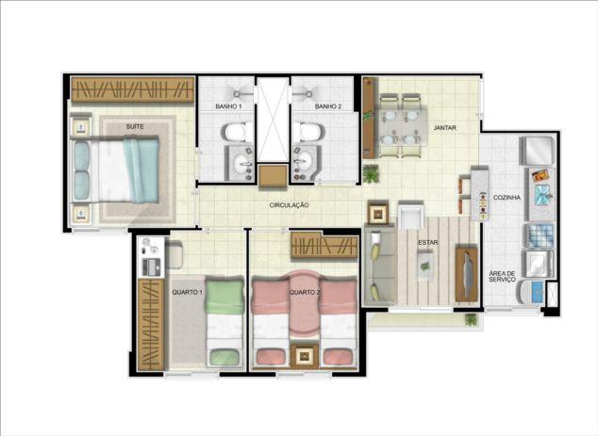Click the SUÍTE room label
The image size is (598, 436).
point(135,126)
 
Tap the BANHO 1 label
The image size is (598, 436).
point(228,106)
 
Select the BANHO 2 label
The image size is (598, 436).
point(328,106)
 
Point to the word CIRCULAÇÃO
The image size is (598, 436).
point(289,205)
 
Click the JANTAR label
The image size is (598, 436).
point(444,128)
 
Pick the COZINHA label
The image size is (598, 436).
point(507,198)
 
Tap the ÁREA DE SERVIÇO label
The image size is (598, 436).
point(503,277)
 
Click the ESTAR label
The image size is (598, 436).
point(428,243)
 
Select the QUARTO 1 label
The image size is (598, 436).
point(188,293)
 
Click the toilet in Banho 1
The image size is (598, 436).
point(237,132)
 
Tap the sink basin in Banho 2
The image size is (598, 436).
point(304,161)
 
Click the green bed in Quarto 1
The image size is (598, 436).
point(224,322)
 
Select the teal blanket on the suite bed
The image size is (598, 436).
point(141,170)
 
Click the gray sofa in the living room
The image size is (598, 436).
point(379,265)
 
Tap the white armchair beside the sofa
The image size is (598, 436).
point(410,216)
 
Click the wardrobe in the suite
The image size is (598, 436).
point(133,89)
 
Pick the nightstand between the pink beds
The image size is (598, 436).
point(305,356)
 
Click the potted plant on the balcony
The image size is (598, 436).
point(472,319)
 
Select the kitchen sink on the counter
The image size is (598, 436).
point(542,194)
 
